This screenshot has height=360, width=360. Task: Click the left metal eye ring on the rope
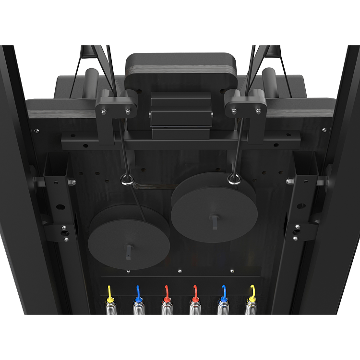point(127,180)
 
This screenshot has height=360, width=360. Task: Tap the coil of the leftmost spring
point(110,307)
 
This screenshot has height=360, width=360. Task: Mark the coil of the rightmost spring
point(251,307)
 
